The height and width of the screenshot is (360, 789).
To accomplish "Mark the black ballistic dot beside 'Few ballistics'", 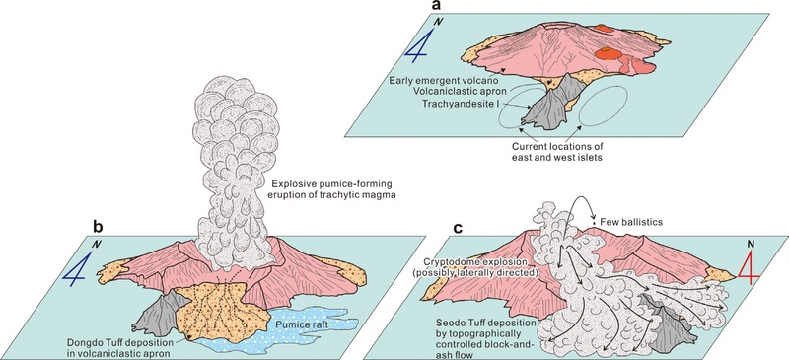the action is [x=595, y=222].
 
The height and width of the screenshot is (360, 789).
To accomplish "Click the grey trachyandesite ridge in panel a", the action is [x=549, y=104].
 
